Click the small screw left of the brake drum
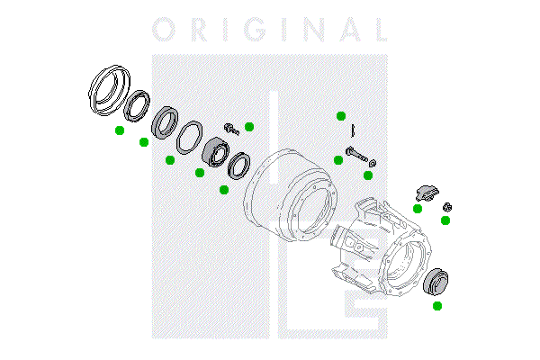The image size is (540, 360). coord(231,129)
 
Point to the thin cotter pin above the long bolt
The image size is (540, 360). coord(353,130)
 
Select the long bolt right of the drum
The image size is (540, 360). coord(356,155)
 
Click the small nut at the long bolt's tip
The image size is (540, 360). coord(372,163)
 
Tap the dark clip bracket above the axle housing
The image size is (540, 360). coord(427,193)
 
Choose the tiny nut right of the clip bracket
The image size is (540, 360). coord(447,207)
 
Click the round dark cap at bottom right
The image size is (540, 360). coord(436,282)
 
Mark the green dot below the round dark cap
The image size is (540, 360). coord(437,306)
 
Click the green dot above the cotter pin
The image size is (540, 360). coord(341,116)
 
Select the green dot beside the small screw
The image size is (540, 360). coord(249,127)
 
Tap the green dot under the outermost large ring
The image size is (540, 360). coord(120,130)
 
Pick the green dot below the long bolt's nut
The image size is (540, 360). coord(368,175)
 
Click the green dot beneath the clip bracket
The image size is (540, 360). coord(418,209)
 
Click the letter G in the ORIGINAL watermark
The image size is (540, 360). coord(256,30)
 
